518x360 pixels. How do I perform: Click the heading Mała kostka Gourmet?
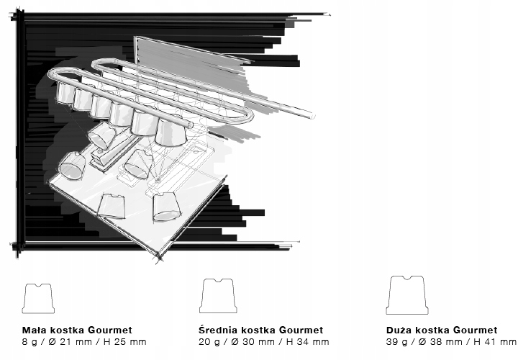[77, 330]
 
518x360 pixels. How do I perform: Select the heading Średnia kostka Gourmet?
[260, 330]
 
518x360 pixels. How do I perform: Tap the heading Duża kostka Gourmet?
[442, 330]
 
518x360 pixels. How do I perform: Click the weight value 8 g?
[29, 342]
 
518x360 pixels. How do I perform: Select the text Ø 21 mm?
[70, 342]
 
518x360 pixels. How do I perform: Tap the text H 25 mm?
[125, 342]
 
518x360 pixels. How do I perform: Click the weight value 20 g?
[209, 342]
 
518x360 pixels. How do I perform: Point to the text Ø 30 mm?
[252, 342]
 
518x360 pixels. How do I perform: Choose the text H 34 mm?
[308, 342]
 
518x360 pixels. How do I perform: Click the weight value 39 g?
[396, 342]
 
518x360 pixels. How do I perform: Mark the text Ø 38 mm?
[440, 342]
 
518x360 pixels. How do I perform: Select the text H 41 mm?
[495, 342]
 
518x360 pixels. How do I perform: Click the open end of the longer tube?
[312, 116]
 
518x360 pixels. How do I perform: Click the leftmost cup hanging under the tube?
[65, 93]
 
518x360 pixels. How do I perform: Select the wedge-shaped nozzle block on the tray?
[114, 152]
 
